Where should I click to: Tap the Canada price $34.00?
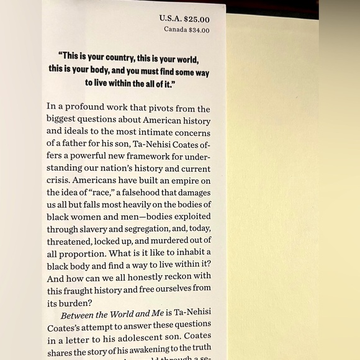coord(196,29)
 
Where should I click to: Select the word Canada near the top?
coord(175,29)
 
